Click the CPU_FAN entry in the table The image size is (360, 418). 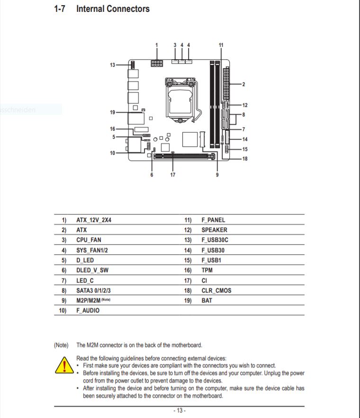pos(89,240)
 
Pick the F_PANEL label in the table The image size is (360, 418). pos(213,220)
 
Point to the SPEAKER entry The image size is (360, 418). pos(214,230)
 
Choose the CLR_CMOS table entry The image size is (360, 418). pos(216,290)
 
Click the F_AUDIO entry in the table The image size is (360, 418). pos(88,311)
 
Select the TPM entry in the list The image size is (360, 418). pos(207,270)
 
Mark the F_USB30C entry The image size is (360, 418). pos(215,240)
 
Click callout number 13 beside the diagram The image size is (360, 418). pos(112,64)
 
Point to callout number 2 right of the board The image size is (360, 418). pos(243,84)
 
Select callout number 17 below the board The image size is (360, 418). pos(172,175)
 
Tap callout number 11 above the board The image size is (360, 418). pos(221,45)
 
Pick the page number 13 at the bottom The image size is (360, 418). pos(179,410)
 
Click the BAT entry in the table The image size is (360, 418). pos(207,300)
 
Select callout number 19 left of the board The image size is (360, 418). pos(112,112)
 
